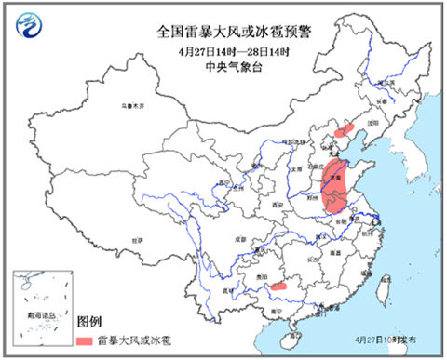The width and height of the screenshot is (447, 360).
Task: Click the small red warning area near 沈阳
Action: click(x=345, y=132)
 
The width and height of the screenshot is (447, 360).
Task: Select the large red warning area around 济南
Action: click(x=336, y=186)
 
